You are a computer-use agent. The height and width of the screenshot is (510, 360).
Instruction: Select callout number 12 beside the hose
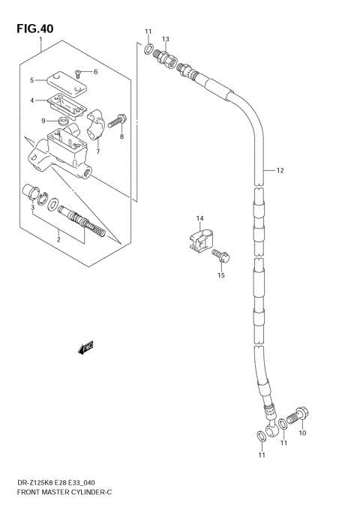(280, 171)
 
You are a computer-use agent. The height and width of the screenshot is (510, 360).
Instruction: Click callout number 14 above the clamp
(200, 218)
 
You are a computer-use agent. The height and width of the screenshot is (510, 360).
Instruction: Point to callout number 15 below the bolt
(221, 275)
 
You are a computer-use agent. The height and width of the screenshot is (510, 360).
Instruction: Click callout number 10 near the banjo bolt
(302, 433)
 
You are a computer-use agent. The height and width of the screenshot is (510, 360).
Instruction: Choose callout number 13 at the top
(166, 38)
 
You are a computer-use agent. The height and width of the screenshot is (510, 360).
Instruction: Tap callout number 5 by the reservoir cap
(32, 80)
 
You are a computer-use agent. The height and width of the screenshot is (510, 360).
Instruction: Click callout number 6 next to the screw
(95, 72)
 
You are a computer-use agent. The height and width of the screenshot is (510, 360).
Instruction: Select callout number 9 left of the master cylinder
(43, 120)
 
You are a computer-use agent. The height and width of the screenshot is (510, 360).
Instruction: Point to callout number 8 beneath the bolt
(122, 137)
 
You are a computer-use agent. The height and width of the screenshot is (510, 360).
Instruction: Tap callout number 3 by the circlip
(32, 208)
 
